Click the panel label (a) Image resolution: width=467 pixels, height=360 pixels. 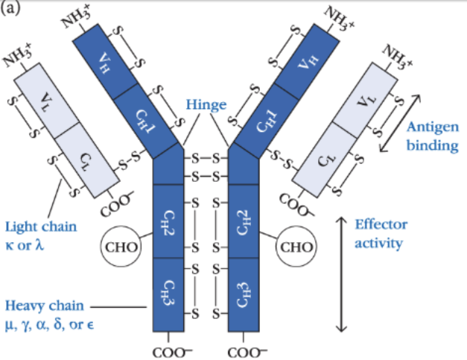coord(10,8)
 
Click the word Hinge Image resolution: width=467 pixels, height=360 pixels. coord(206,105)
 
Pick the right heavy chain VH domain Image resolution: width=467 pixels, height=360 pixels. coord(305,60)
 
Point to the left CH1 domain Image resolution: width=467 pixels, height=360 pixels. coord(145,119)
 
